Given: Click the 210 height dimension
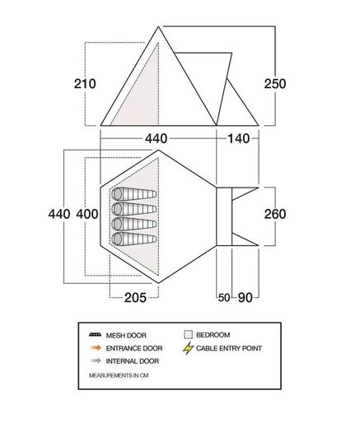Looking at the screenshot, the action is (85, 84).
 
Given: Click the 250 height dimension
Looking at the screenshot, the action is (275, 84).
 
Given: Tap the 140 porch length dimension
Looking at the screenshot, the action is (238, 138).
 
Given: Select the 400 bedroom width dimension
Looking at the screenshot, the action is (87, 214).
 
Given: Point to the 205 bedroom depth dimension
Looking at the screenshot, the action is (135, 298).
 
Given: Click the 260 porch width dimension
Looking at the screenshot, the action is (275, 214).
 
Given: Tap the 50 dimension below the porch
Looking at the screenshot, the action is (224, 298).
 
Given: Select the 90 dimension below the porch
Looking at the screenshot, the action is (245, 298).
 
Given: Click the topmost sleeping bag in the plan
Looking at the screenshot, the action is (134, 194).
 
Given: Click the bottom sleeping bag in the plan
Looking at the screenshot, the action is (134, 239).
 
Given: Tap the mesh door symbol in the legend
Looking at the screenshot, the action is (96, 335).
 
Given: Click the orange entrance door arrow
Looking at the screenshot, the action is (96, 348).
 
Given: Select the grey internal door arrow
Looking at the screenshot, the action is (96, 360).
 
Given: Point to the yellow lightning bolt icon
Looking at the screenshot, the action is (188, 348).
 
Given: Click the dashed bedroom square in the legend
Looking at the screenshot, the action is (188, 335).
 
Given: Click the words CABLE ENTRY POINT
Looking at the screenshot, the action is (229, 348).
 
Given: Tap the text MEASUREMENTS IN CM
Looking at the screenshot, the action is (119, 375).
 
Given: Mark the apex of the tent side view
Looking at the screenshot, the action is (158, 26).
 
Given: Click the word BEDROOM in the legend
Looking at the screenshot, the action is (213, 335).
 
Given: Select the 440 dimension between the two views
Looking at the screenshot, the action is (157, 138).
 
